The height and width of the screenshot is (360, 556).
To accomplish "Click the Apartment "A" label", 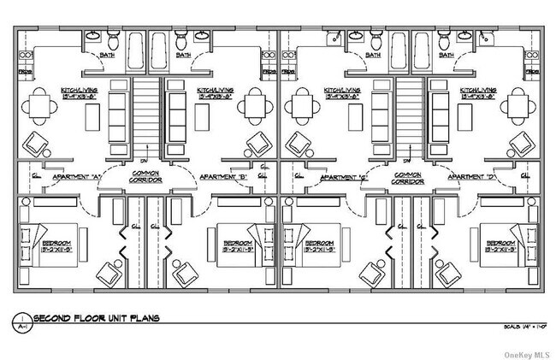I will [78, 178].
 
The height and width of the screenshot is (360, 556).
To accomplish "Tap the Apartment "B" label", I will [222, 178].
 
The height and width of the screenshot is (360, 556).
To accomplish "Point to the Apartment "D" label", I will [488, 178].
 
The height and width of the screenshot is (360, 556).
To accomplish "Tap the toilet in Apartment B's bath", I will [180, 42].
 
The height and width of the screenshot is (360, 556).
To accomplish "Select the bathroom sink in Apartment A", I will [93, 37].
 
